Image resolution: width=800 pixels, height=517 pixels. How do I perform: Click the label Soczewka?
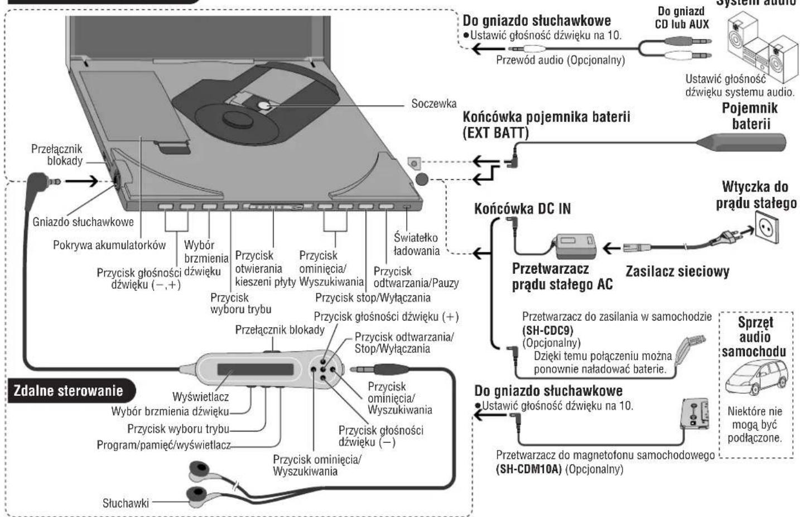433,104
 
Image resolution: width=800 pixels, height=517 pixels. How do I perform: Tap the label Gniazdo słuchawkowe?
83,222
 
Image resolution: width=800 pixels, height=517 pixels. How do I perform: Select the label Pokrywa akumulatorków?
109,245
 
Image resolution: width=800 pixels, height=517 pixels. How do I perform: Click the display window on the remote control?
255,370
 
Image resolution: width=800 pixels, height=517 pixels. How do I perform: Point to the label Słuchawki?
126,503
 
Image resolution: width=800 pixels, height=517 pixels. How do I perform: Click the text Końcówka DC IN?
522,209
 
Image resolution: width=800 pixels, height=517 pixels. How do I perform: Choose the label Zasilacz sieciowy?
677,272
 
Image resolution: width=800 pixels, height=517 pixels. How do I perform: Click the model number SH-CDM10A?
529,470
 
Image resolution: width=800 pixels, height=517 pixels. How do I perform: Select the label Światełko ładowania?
416,245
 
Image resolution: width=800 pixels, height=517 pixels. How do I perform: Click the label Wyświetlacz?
200,397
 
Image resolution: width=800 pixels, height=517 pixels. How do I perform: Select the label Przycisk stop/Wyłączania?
373,298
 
